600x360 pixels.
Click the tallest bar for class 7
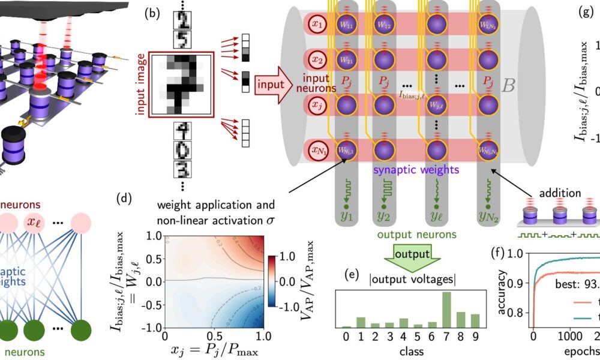[446, 310]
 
